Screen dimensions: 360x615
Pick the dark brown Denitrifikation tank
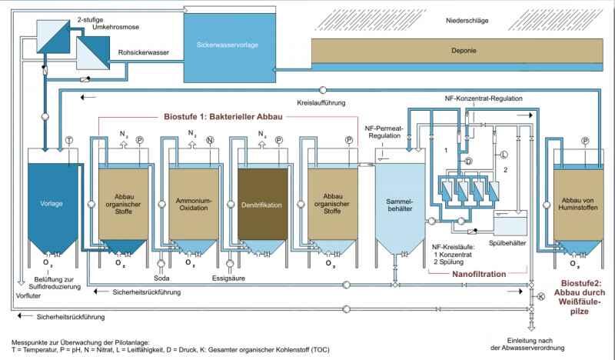point(262,204)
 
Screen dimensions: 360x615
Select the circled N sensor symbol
point(210,140)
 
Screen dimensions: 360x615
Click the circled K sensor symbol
point(541,295)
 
